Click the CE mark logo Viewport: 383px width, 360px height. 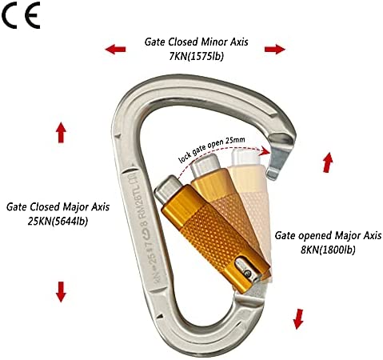pos(21,16)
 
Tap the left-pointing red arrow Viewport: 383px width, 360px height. pos(115,49)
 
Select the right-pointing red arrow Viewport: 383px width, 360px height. pos(275,49)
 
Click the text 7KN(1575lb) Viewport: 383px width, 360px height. pos(197,56)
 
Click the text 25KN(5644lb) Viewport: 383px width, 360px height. pos(58,222)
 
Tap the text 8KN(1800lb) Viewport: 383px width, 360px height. pos(328,250)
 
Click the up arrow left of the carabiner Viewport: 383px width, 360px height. pos(61,132)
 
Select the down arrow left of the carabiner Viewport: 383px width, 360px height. pos(61,292)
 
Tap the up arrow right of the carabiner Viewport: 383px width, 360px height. pos(328,162)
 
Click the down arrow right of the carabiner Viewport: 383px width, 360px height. pos(298,319)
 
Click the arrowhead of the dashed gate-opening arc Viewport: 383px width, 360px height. pos(266,151)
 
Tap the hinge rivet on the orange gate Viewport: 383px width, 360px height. pos(248,273)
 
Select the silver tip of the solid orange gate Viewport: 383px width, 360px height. pos(168,189)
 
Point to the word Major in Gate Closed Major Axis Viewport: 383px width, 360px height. pos(74,207)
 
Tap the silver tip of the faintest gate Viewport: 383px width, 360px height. pos(245,158)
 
